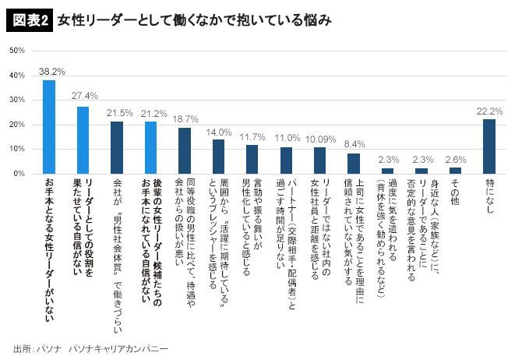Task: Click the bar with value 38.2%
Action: coord(48,126)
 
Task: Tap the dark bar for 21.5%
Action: coord(117,146)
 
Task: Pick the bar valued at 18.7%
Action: coord(185,150)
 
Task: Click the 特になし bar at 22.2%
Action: coord(489,146)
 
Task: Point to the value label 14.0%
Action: coord(219,132)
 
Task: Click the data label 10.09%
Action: coord(321,139)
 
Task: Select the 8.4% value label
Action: coord(354,144)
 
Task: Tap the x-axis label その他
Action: coord(456,192)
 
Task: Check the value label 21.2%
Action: coord(150,114)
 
